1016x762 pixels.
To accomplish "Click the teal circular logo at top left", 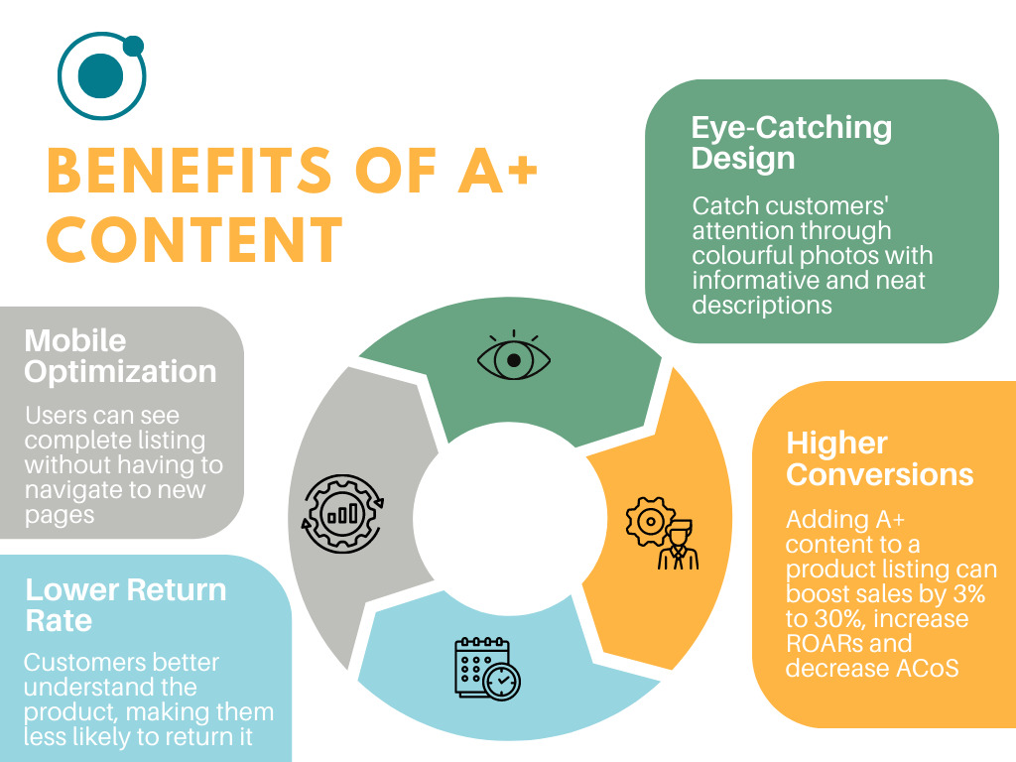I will point(100,76).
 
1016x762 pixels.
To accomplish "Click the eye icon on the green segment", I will point(513,358).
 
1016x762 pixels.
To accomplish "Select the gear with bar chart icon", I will point(342,512).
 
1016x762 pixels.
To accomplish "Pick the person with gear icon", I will point(662,534).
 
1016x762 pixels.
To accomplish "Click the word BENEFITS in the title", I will point(189,170).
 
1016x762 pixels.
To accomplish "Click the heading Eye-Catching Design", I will point(791,143).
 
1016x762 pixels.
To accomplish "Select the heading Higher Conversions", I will point(878,458).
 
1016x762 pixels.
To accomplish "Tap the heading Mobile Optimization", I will point(120,356).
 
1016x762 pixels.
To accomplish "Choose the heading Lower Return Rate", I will point(126,605).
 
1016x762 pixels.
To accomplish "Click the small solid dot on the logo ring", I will point(133,46).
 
